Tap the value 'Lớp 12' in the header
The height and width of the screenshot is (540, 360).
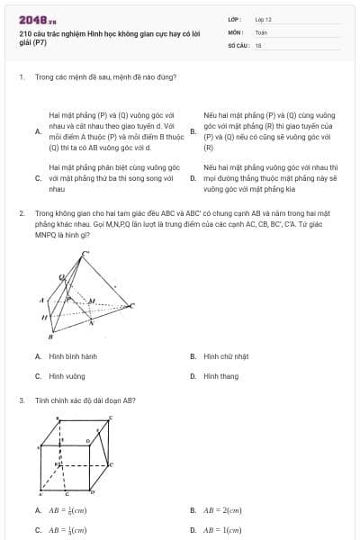click(x=263, y=18)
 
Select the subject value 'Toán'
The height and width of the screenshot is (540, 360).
click(x=261, y=31)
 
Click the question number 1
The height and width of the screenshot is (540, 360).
click(x=21, y=76)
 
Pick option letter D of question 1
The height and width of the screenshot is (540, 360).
click(x=193, y=178)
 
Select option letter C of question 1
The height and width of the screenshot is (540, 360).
click(x=38, y=178)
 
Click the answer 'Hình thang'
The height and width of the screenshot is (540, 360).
click(x=221, y=376)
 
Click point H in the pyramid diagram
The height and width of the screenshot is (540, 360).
click(x=44, y=318)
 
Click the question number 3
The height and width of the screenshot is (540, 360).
click(x=21, y=400)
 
